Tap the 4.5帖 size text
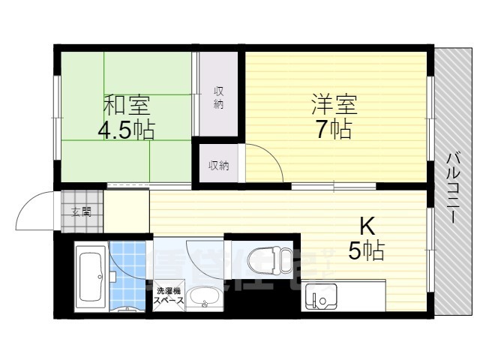point(125,130)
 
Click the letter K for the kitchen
point(367,225)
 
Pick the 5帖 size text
point(366,250)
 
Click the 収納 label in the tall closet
point(218,97)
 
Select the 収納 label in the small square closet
point(218,165)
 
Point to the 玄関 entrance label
point(82,212)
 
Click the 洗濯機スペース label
point(169,295)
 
